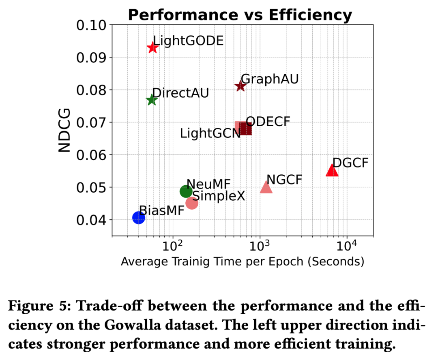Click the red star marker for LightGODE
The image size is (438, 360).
[x=152, y=47]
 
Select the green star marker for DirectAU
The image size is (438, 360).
[x=152, y=100]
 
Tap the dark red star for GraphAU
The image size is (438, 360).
[x=240, y=86]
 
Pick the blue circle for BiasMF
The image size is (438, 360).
[x=139, y=218]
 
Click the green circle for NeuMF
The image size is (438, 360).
[x=186, y=191]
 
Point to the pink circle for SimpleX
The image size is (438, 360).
[x=192, y=203]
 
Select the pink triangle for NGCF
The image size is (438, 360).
[x=266, y=187]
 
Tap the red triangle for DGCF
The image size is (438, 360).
[x=332, y=170]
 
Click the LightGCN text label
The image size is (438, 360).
[x=210, y=133]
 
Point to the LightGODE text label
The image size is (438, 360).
[x=188, y=41]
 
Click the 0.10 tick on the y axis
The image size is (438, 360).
[x=91, y=25]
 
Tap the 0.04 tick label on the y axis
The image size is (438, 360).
[x=91, y=220]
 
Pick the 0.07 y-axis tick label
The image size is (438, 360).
[x=91, y=122]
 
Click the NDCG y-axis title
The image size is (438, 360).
[x=64, y=130]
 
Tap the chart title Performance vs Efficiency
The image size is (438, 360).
[x=240, y=15]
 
